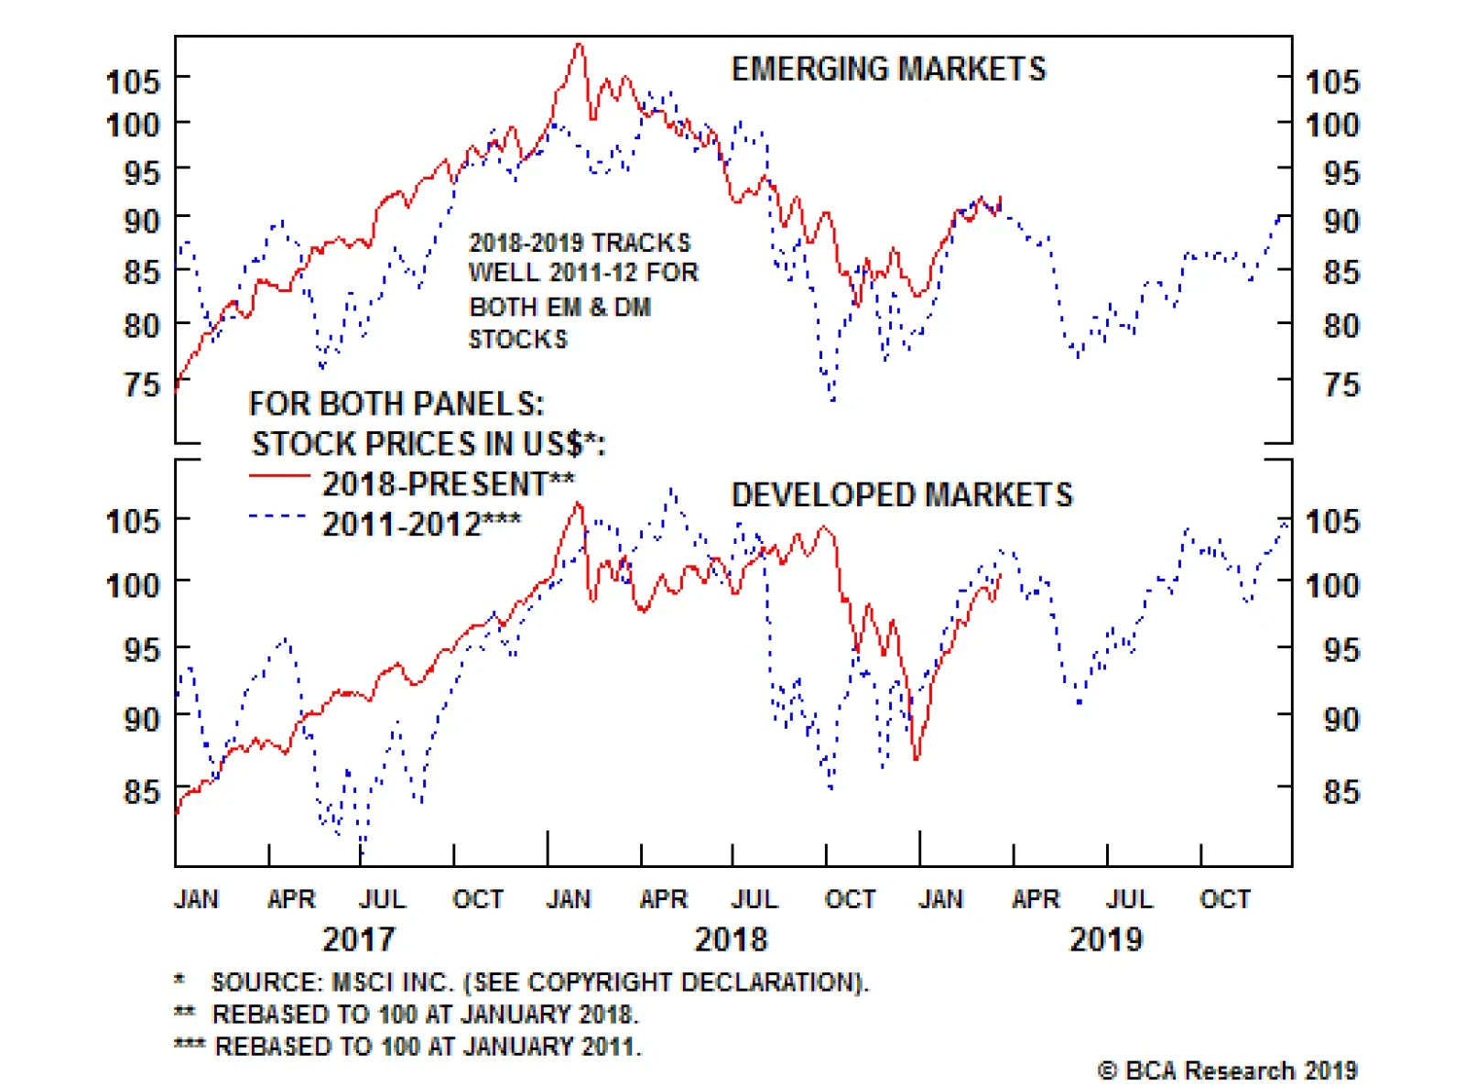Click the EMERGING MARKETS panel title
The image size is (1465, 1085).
[x=887, y=70]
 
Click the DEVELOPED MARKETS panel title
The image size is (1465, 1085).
[x=901, y=494]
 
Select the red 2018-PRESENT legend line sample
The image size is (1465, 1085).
[x=279, y=476]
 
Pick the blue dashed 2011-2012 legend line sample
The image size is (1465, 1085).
[x=279, y=517]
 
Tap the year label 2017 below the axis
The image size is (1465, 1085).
[x=358, y=939]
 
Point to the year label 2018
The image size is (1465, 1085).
[x=731, y=939]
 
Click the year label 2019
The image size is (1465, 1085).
[x=1106, y=939]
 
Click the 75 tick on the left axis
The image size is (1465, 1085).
[x=142, y=385]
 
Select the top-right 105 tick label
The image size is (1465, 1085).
[x=1332, y=82]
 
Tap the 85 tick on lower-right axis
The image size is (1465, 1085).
[x=1341, y=792]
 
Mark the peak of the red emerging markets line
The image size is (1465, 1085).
[x=578, y=45]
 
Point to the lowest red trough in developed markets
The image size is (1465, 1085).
[x=916, y=758]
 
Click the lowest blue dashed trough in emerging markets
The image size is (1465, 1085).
[x=832, y=400]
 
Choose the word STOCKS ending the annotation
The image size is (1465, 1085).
[x=518, y=340]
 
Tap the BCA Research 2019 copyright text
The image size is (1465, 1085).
[x=1227, y=1070]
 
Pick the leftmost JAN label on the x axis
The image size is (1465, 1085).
[x=196, y=899]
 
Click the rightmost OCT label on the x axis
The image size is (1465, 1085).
[x=1225, y=899]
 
